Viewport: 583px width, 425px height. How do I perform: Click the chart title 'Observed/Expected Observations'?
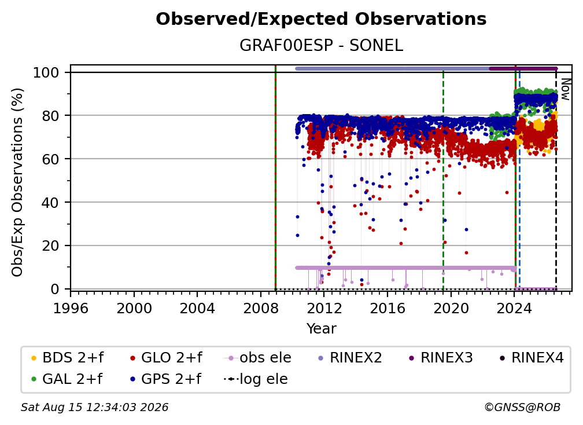pos(321,19)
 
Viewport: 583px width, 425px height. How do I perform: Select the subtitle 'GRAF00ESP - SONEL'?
pos(321,45)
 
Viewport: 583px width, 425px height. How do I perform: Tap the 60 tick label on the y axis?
pos(50,159)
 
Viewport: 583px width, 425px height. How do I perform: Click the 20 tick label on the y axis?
pos(50,246)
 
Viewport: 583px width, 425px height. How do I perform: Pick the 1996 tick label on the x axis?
pos(71,308)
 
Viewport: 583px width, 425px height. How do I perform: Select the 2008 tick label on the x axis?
pos(261,308)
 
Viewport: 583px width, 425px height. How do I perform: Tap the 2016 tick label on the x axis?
pos(388,308)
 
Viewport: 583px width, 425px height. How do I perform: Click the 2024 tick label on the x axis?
pos(514,308)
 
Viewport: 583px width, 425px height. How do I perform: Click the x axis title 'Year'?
pos(321,329)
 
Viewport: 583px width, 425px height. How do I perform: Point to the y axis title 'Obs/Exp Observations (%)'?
pos(17,182)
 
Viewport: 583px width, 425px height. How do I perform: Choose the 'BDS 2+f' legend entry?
pos(67,358)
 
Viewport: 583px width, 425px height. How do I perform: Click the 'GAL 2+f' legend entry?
pos(67,379)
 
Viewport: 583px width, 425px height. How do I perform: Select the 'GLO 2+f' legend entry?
pos(166,358)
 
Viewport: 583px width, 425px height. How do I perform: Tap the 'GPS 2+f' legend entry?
pos(165,379)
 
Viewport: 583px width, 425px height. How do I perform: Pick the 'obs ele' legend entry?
pos(258,358)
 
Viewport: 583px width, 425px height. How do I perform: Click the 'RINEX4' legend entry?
pos(532,358)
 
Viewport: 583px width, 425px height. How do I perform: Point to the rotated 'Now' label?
pos(565,89)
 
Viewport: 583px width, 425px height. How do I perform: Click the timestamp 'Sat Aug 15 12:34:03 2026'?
pos(94,407)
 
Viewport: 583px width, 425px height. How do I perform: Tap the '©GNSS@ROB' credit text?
pos(522,407)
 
